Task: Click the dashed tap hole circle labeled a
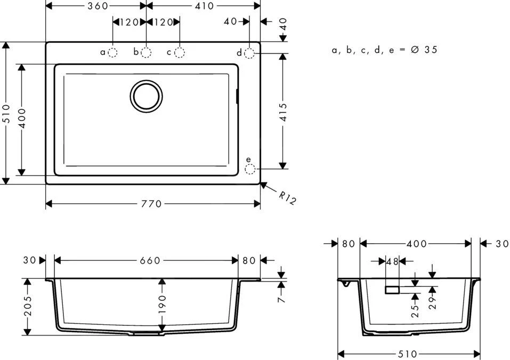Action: (x=113, y=52)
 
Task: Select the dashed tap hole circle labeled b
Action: (x=146, y=52)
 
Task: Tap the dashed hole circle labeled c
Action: (x=180, y=52)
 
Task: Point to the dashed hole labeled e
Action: (x=250, y=169)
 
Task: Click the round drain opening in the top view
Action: (x=146, y=96)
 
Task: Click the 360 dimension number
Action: (x=98, y=6)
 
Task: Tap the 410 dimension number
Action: (x=203, y=6)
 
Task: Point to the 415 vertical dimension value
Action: (x=283, y=113)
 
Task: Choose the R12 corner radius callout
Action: (x=287, y=198)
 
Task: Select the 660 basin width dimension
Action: (x=150, y=260)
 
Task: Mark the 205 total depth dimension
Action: (x=28, y=307)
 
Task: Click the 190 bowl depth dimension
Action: (x=162, y=304)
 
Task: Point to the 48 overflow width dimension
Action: (x=392, y=261)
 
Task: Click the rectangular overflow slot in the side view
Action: (x=392, y=290)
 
